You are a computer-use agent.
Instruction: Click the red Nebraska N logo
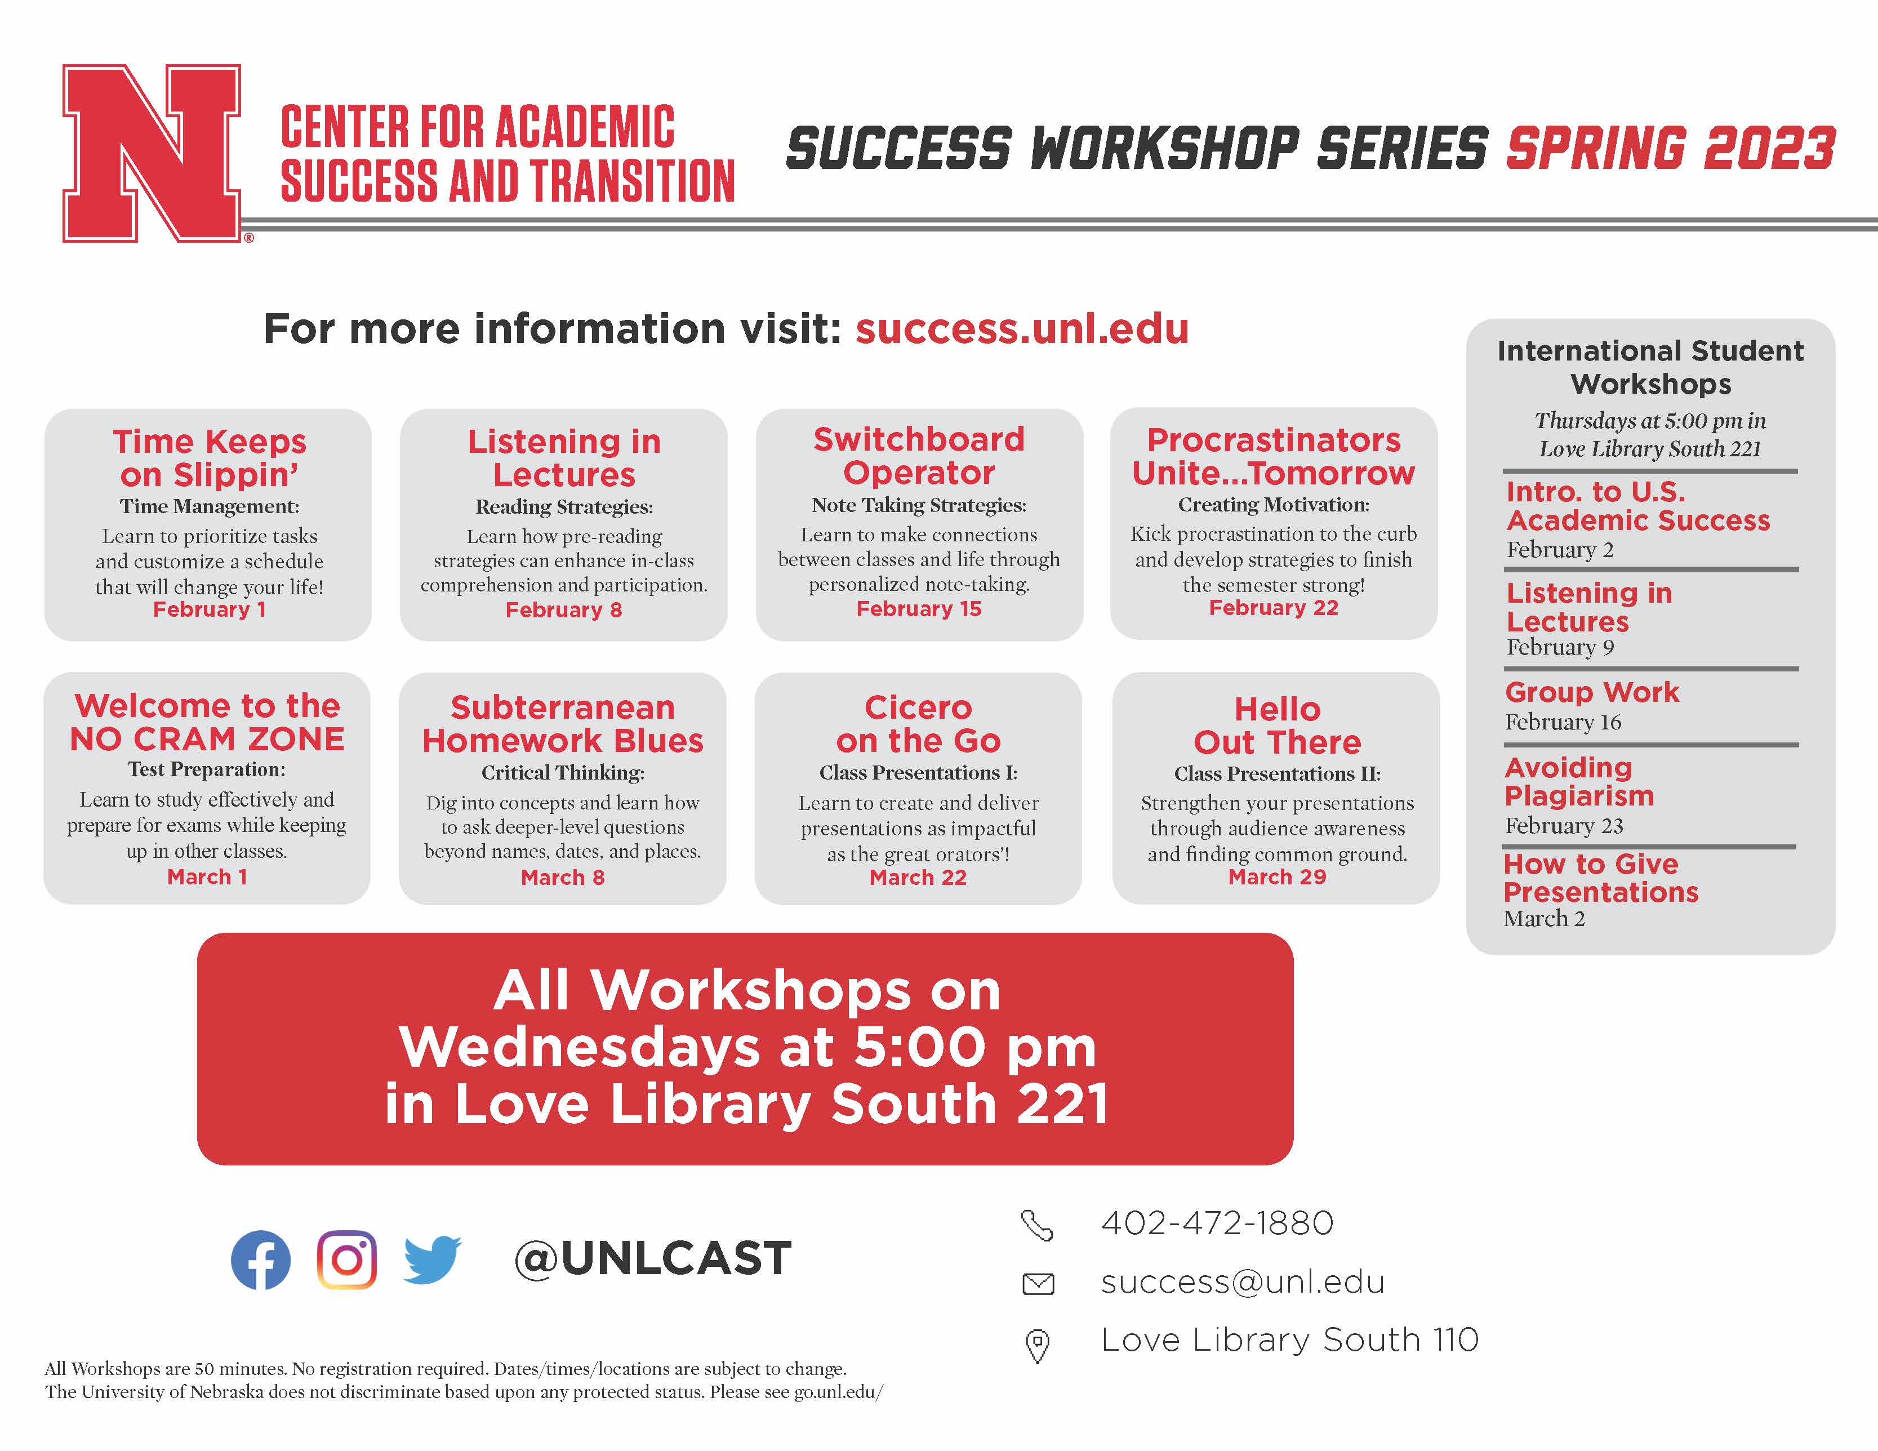[x=152, y=153]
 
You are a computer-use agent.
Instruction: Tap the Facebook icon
[x=261, y=1260]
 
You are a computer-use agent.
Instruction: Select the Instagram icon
[x=346, y=1260]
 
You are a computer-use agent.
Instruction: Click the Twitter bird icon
[x=433, y=1260]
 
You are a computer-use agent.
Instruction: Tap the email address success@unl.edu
[x=1243, y=1281]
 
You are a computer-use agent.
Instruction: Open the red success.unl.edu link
[x=1022, y=328]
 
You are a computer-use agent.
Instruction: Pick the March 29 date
[x=1277, y=878]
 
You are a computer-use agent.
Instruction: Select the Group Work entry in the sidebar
[x=1592, y=692]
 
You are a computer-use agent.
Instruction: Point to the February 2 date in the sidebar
[x=1560, y=550]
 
